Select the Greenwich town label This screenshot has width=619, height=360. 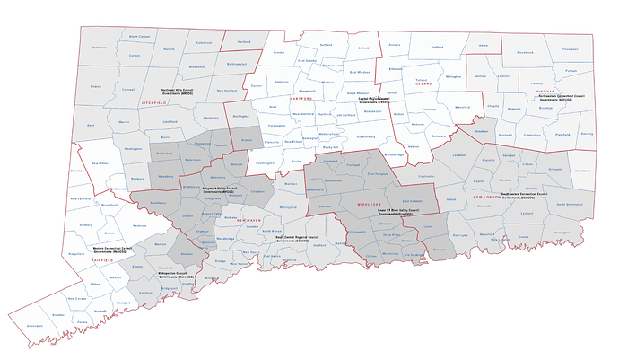pyautogui.click(x=35, y=326)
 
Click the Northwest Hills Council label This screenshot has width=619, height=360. pyautogui.click(x=179, y=92)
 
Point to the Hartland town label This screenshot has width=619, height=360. pyautogui.click(x=243, y=42)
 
